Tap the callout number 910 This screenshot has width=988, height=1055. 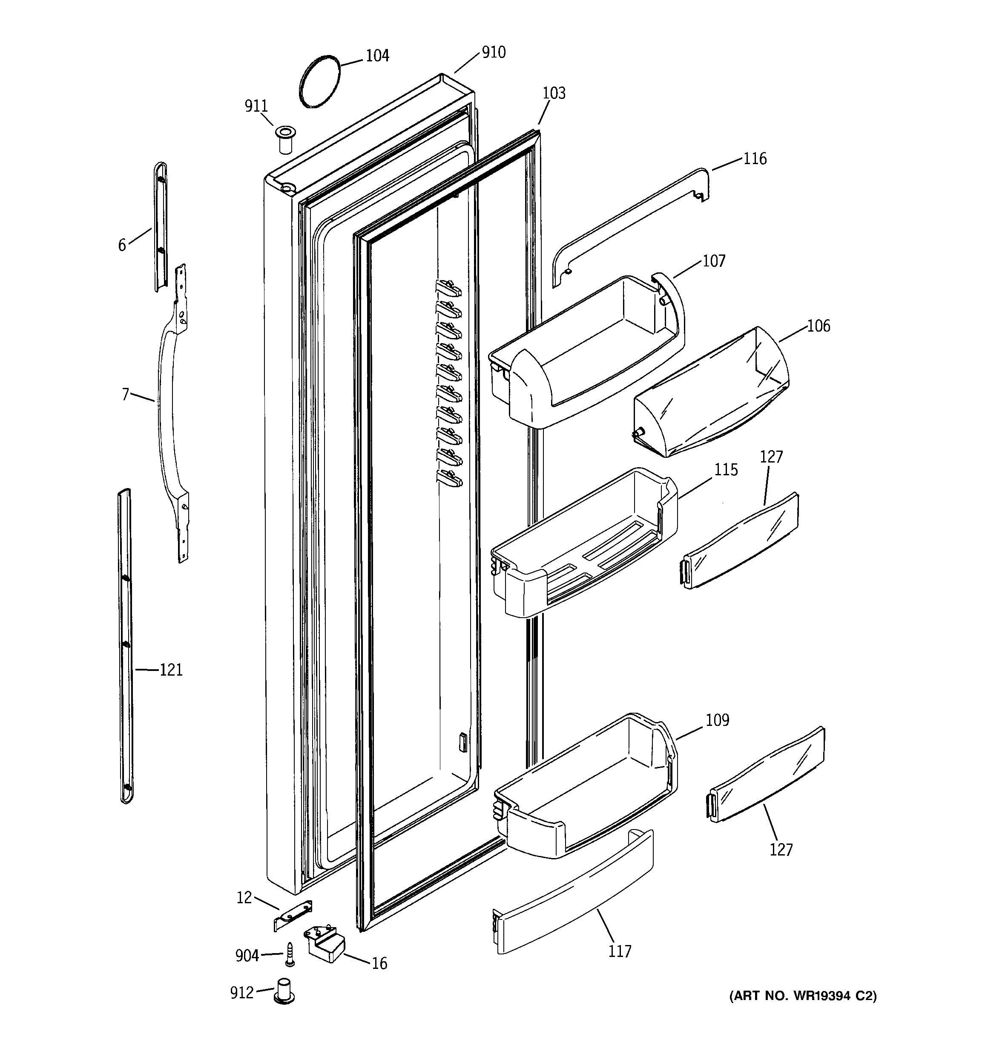493,52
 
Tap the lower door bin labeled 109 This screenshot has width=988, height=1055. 583,786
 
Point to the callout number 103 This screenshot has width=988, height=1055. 554,93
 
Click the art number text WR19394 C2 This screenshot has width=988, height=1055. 802,996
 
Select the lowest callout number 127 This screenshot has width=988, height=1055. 781,850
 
